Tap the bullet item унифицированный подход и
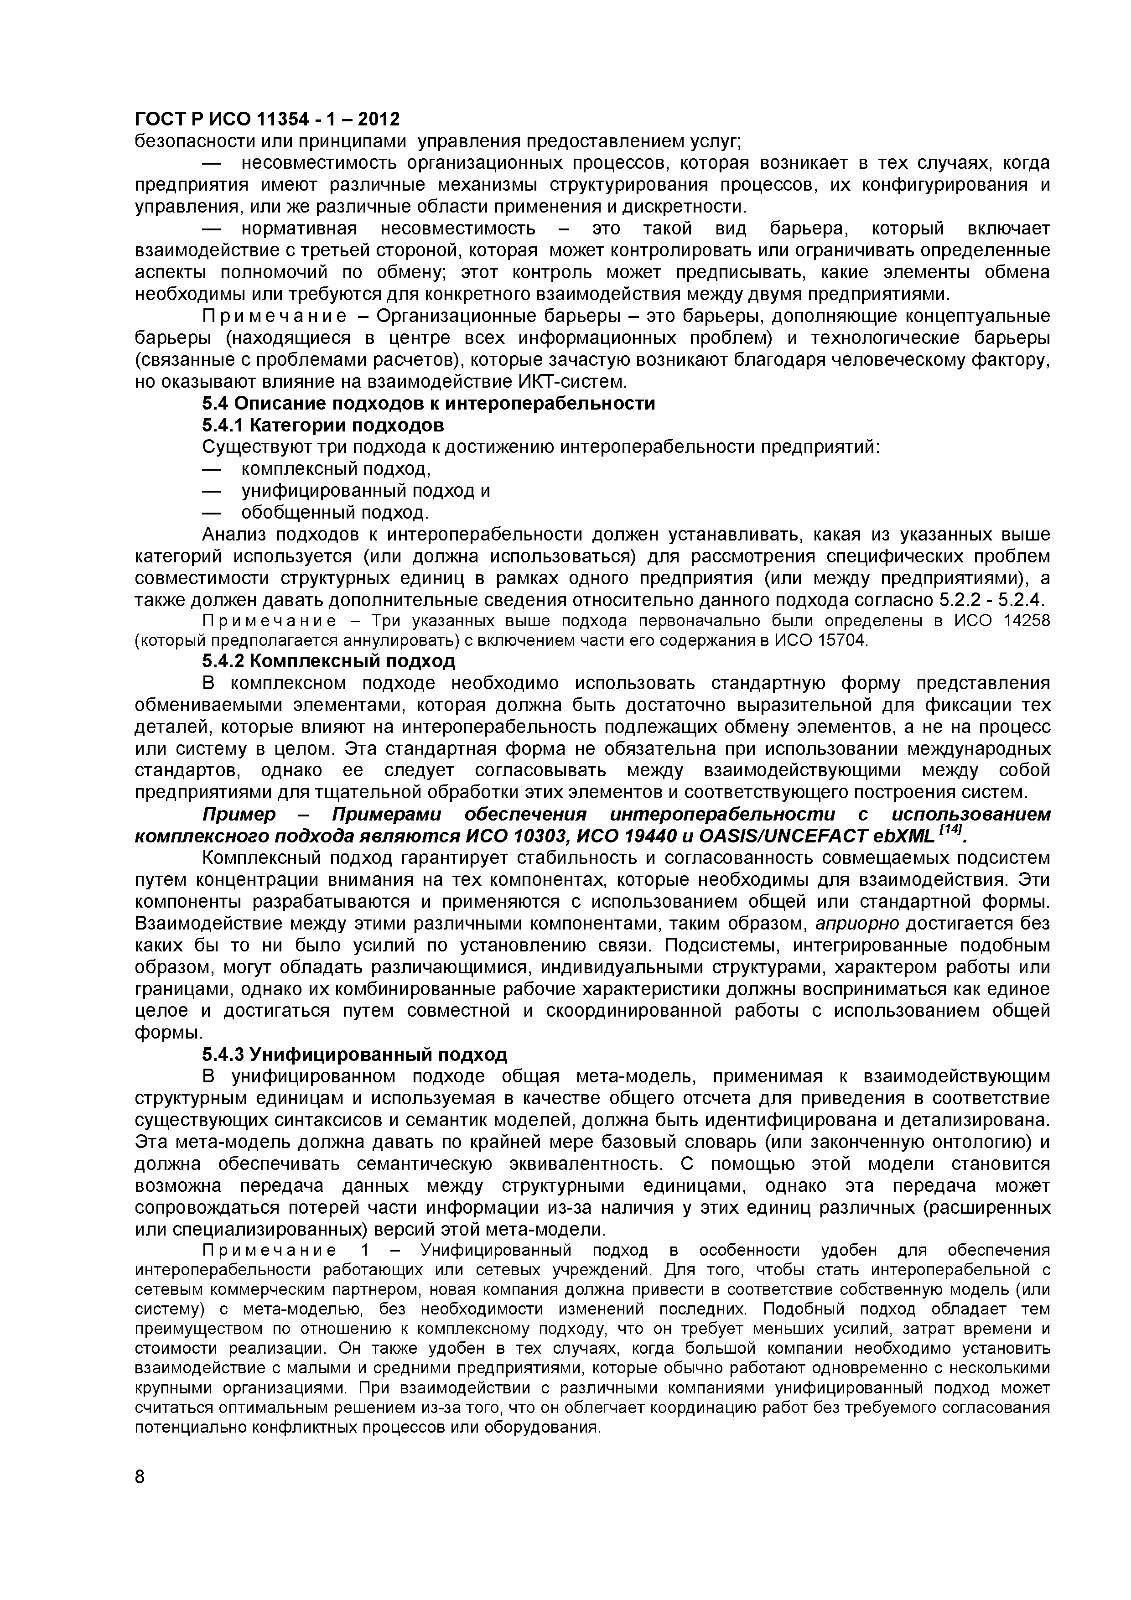coord(365,491)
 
